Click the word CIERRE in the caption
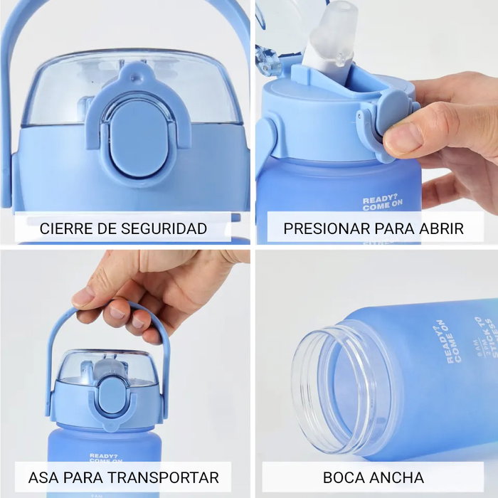point(62,229)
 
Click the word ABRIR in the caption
point(441,229)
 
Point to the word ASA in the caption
point(43,477)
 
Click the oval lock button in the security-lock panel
point(139,138)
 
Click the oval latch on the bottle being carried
point(112,394)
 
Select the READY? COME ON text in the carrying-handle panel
point(104,458)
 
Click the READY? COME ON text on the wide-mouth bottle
point(452,341)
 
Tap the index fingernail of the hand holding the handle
point(84,296)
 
